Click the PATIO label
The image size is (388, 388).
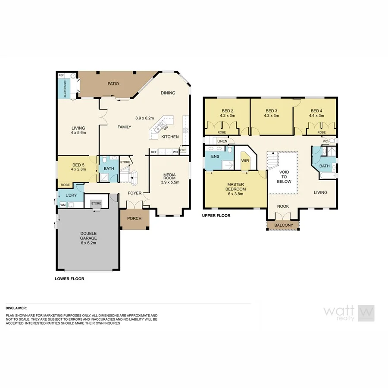tap(113, 84)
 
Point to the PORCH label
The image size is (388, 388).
tap(134, 218)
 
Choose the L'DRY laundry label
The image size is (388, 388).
tap(71, 196)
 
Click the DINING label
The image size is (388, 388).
tap(168, 93)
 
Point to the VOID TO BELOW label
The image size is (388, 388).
tap(284, 176)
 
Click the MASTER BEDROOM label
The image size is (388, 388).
tap(236, 189)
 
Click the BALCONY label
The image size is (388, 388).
tap(284, 225)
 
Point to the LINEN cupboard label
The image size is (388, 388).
tap(222, 141)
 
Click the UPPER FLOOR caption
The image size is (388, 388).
tap(216, 216)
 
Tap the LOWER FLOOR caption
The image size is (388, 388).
tap(69, 278)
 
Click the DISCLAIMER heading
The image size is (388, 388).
tap(16, 308)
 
